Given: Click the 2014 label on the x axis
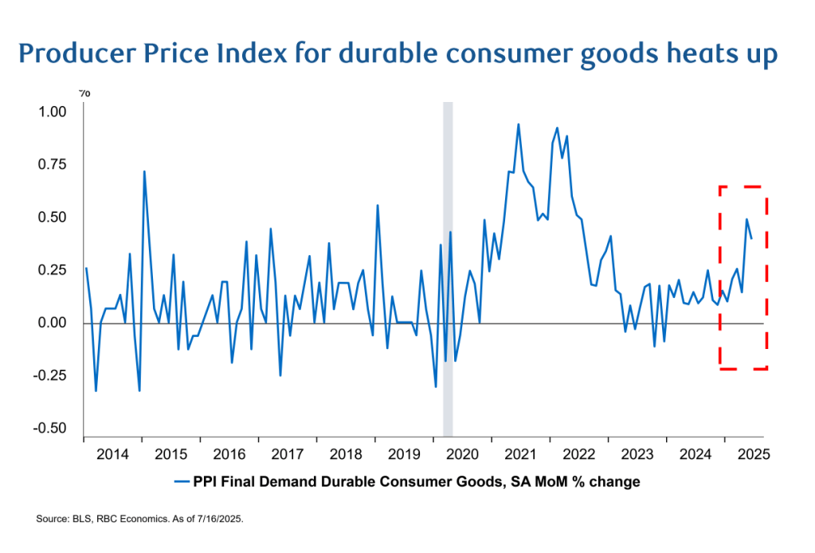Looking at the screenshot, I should tap(112, 454).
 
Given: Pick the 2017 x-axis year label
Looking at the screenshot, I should tap(288, 454).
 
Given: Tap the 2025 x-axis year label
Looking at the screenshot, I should tap(753, 454).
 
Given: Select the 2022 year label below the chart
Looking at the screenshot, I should tap(578, 454).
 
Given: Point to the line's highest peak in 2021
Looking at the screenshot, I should tap(518, 124).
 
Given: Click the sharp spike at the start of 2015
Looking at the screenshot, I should tap(144, 171).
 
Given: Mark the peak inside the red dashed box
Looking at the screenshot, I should tap(746, 219).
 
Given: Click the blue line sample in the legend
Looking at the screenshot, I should tap(181, 481).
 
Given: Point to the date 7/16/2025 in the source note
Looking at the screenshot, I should tap(217, 519).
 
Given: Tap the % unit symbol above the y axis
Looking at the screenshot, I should tap(84, 93).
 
